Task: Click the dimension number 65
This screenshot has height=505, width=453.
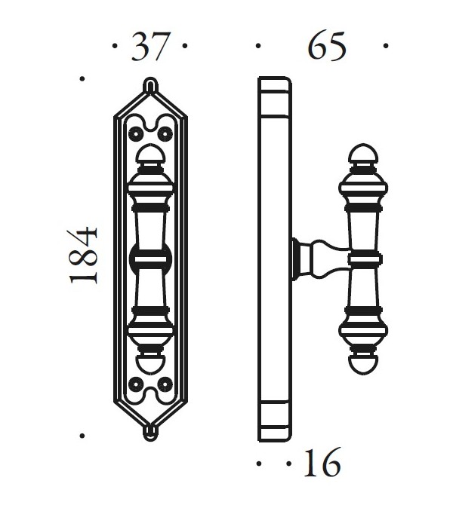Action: (326, 47)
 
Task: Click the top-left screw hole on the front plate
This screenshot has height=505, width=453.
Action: (136, 133)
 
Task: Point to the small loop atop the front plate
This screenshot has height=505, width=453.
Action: (150, 85)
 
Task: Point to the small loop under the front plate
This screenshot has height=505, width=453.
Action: (150, 432)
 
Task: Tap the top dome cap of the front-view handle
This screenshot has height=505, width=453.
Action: (150, 156)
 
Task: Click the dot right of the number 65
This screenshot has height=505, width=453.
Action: (385, 46)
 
